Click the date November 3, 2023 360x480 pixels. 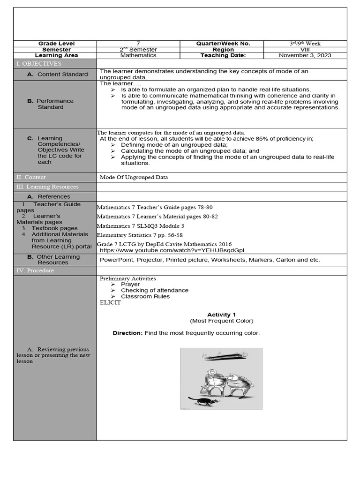coord(305,55)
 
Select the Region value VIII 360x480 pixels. coord(305,49)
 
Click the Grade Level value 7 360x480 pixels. coord(138,44)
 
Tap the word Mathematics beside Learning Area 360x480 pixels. coord(138,55)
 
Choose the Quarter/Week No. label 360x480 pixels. coord(223,44)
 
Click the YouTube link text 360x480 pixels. coord(172,250)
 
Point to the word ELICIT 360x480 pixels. coord(110,302)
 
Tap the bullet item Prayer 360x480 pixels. coord(130,284)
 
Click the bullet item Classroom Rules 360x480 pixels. coord(145,296)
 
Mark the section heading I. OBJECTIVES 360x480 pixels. coord(39,64)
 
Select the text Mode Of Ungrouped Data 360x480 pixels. coord(134,177)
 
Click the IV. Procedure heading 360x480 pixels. coord(35,270)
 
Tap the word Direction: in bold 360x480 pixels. coord(127,333)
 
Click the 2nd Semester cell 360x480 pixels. coord(138,49)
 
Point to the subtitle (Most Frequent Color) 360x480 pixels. coord(222,321)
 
